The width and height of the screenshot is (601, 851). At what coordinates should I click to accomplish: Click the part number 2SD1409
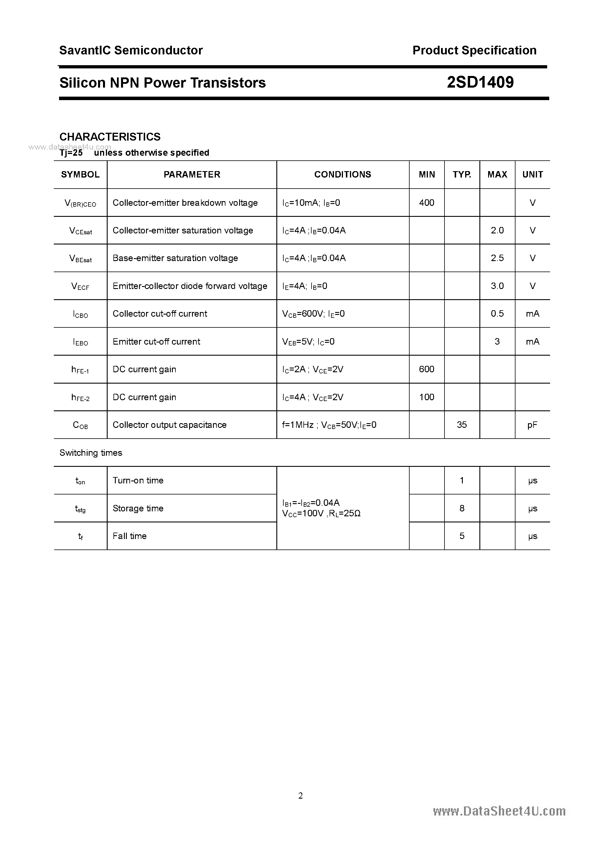pyautogui.click(x=480, y=82)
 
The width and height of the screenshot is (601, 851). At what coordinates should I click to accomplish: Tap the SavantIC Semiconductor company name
pyautogui.click(x=131, y=50)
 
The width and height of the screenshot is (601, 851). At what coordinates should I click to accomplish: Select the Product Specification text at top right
pyautogui.click(x=474, y=50)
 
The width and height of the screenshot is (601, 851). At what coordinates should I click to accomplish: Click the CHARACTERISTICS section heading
pyautogui.click(x=110, y=137)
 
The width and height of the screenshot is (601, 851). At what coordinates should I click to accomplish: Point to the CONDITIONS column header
pyautogui.click(x=342, y=175)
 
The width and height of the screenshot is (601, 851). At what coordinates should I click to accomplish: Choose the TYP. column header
pyautogui.click(x=462, y=175)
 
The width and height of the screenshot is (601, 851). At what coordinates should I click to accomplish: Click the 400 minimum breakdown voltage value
pyautogui.click(x=426, y=203)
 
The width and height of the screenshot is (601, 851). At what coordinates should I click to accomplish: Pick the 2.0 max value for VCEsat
pyautogui.click(x=497, y=231)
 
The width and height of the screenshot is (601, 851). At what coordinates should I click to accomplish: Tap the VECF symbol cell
pyautogui.click(x=80, y=286)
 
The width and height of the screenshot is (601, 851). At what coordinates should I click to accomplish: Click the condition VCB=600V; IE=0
pyautogui.click(x=313, y=314)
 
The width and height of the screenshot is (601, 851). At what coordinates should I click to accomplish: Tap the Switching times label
pyautogui.click(x=91, y=453)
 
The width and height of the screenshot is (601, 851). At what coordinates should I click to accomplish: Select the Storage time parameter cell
pyautogui.click(x=138, y=508)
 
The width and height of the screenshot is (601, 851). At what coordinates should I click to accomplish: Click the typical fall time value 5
pyautogui.click(x=462, y=536)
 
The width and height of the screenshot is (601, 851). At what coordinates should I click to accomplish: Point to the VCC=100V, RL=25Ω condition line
pyautogui.click(x=321, y=513)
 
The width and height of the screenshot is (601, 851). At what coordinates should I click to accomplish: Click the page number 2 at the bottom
pyautogui.click(x=300, y=795)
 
